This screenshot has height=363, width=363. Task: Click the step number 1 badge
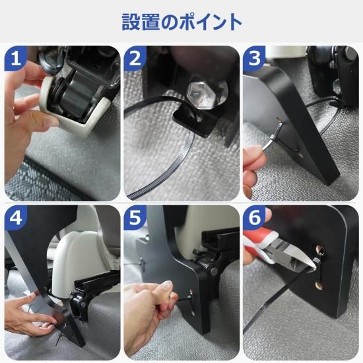tap(15, 58)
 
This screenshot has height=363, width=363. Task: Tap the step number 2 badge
tap(135, 58)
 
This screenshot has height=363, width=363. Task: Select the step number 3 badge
tap(254, 58)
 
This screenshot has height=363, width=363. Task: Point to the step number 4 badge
tap(15, 218)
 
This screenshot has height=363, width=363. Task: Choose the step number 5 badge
tap(135, 218)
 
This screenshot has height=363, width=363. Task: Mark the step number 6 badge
tap(254, 218)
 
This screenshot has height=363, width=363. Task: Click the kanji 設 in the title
tap(131, 22)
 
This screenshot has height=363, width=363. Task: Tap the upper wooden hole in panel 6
tap(320, 249)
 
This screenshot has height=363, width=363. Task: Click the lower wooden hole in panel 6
tap(319, 285)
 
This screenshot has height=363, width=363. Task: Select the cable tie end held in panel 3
tap(278, 129)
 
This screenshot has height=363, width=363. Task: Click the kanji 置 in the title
tap(151, 22)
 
